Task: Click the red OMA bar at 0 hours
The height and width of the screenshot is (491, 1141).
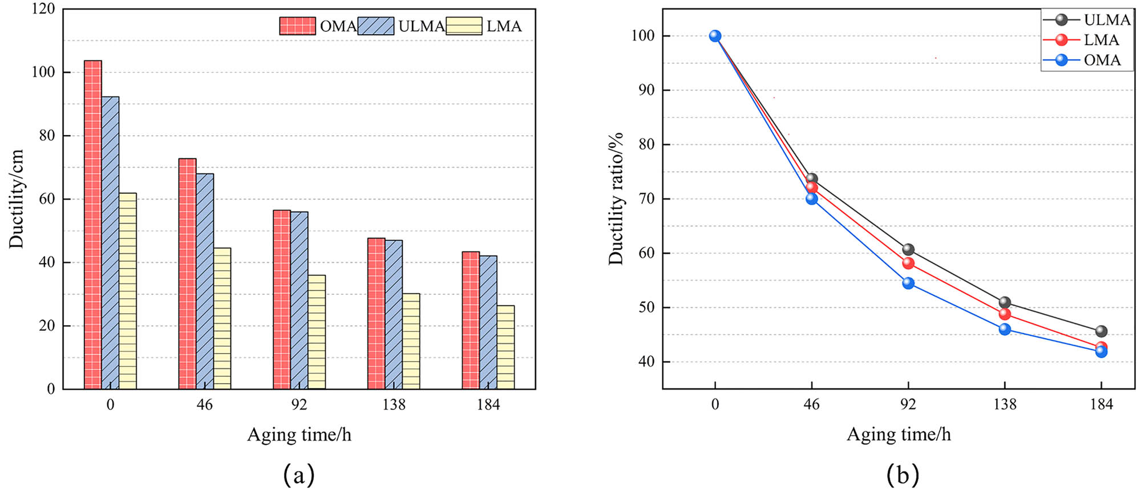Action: pyautogui.click(x=93, y=225)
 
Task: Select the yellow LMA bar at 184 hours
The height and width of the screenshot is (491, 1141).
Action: pyautogui.click(x=505, y=347)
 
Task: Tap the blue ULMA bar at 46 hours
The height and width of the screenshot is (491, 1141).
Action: pyautogui.click(x=205, y=281)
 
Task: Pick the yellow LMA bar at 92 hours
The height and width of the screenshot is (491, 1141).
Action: pyautogui.click(x=317, y=332)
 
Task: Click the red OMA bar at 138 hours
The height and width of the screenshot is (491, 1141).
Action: pyautogui.click(x=376, y=313)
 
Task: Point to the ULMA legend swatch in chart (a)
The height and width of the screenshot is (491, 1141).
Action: pyautogui.click(x=375, y=26)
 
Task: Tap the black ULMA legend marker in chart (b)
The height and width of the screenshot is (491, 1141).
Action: pyautogui.click(x=1061, y=20)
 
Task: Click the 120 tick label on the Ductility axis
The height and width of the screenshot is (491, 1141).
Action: pyautogui.click(x=43, y=9)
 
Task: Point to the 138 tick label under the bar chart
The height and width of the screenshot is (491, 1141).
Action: pyautogui.click(x=394, y=405)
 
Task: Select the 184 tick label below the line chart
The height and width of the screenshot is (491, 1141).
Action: pyautogui.click(x=1101, y=405)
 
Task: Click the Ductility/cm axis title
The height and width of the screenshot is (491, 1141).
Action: pyautogui.click(x=17, y=199)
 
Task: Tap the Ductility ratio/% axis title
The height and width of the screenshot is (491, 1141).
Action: pyautogui.click(x=616, y=199)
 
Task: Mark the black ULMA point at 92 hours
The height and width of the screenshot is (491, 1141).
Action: pyautogui.click(x=908, y=250)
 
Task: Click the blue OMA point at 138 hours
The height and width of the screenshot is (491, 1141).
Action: pyautogui.click(x=1005, y=329)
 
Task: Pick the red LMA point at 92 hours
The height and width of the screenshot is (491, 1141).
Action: pyautogui.click(x=908, y=263)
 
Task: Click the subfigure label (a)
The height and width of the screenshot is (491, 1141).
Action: pyautogui.click(x=299, y=474)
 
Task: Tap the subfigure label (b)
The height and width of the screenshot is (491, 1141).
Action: pyautogui.click(x=903, y=474)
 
